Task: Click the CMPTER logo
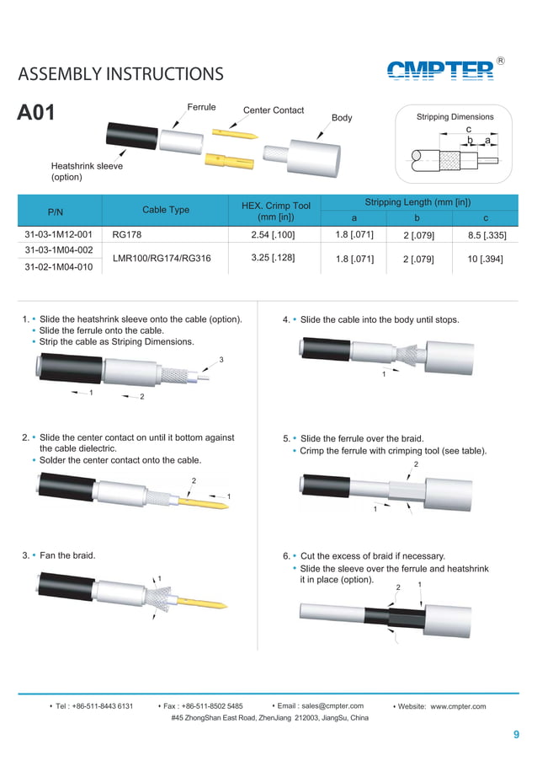coord(440,70)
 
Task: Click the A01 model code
coord(36,113)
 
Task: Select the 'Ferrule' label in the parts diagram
coord(201,107)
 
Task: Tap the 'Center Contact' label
coord(273,110)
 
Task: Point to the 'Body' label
coord(342,118)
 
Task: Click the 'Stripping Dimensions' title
coord(455,117)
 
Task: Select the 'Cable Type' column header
coord(166,210)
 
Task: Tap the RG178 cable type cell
coord(126,234)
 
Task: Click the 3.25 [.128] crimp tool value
coord(273,257)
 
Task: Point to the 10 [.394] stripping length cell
coord(485,259)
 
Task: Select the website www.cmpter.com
coord(458,706)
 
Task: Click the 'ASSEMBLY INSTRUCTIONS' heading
coord(120,74)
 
